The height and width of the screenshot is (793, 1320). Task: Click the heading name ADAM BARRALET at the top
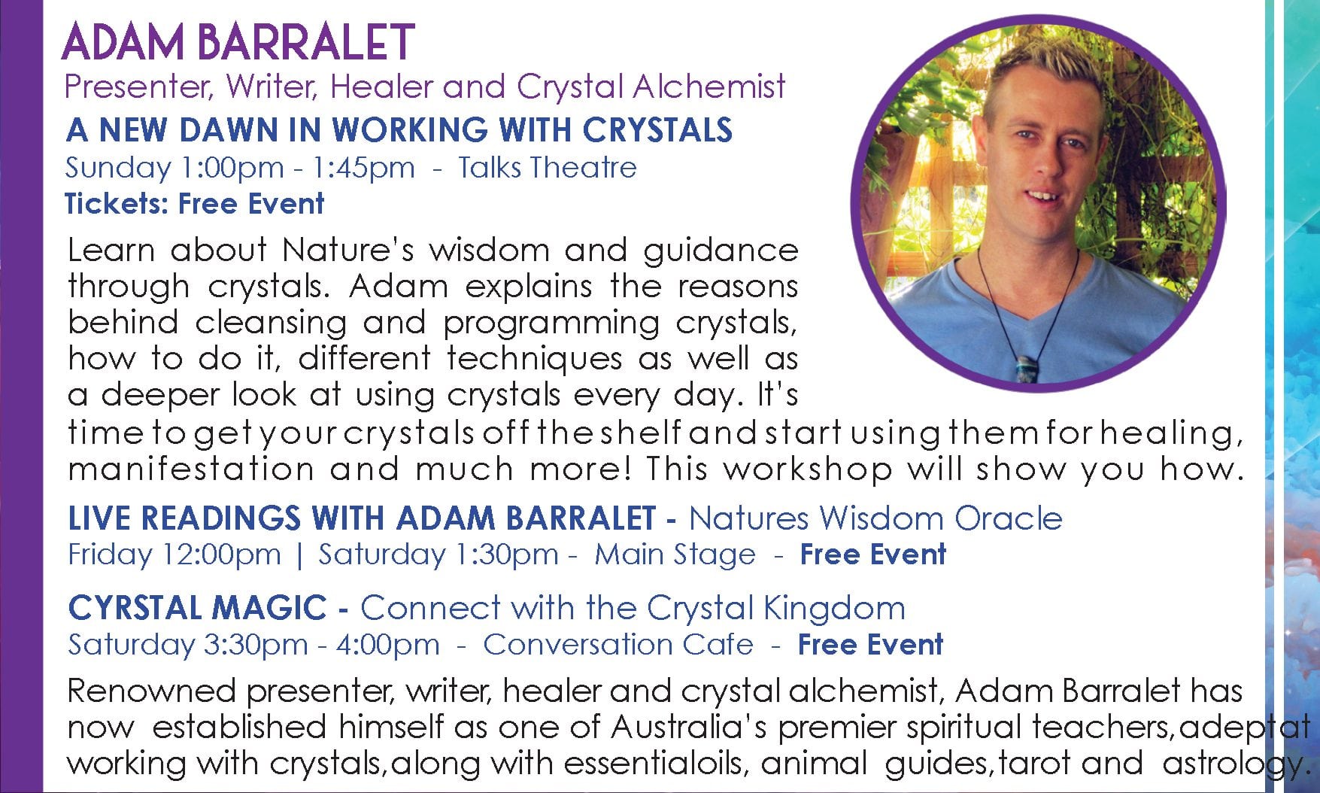pyautogui.click(x=238, y=41)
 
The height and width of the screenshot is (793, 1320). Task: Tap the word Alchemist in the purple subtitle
pyautogui.click(x=709, y=87)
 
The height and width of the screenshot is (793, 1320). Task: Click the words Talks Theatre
pyautogui.click(x=548, y=167)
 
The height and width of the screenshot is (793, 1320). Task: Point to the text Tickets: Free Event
pyautogui.click(x=195, y=203)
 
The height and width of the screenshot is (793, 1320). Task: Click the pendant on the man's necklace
pyautogui.click(x=1024, y=361)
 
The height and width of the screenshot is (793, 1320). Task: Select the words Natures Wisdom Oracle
pyautogui.click(x=875, y=518)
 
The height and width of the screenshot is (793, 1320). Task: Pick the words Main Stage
pyautogui.click(x=675, y=554)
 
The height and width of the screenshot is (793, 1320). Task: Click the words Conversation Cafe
pyautogui.click(x=618, y=645)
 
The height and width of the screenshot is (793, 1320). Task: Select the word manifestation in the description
pyautogui.click(x=191, y=469)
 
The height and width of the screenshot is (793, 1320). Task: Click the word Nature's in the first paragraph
pyautogui.click(x=348, y=250)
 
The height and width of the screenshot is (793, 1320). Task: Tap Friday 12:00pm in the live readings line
pyautogui.click(x=174, y=554)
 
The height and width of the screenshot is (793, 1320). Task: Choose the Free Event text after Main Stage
pyautogui.click(x=872, y=554)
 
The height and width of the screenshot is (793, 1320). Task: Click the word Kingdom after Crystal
pyautogui.click(x=835, y=608)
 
